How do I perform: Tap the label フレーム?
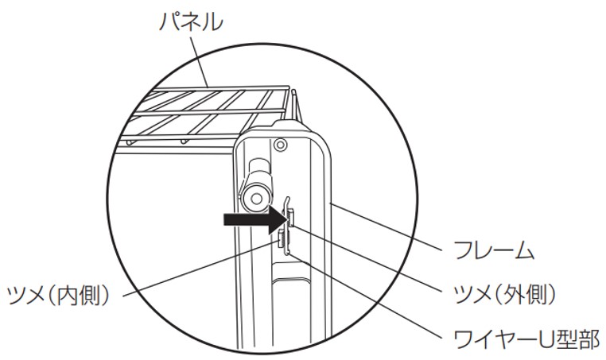click(494, 250)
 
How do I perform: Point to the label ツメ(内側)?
click(58, 295)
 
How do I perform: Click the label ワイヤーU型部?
click(525, 339)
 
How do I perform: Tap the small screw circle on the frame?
click(280, 145)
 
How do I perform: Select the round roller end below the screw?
click(255, 198)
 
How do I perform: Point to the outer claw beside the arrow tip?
click(290, 217)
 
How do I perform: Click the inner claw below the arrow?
click(282, 239)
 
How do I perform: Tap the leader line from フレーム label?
click(386, 226)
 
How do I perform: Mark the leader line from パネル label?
click(199, 62)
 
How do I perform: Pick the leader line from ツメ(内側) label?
click(200, 269)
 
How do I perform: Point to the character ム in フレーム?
click(523, 250)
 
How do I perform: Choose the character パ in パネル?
click(170, 21)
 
